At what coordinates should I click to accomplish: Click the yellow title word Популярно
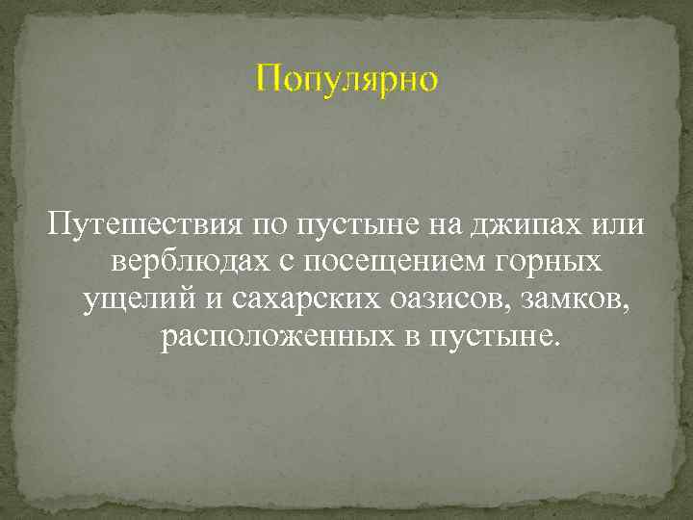[346, 79]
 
